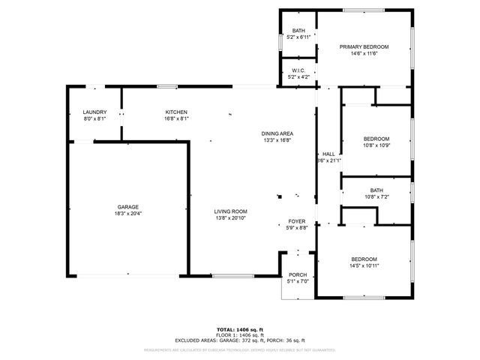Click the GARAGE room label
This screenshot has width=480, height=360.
[x=127, y=207]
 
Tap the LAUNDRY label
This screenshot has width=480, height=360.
[x=94, y=112]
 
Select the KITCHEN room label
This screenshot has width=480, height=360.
[x=176, y=112]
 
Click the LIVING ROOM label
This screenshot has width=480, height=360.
[x=230, y=211]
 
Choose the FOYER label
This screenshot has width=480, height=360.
[x=297, y=221]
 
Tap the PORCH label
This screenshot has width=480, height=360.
[x=298, y=275]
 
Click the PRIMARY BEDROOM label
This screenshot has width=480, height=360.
[x=364, y=47]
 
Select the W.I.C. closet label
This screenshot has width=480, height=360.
[x=298, y=70]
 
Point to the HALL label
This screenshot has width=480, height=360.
[x=328, y=154]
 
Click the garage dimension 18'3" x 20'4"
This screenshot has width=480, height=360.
[x=127, y=214]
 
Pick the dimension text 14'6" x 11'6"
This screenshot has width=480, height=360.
[x=364, y=54]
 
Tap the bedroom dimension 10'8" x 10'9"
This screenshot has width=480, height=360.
[x=376, y=145]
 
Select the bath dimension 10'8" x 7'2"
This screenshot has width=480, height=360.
[x=376, y=197]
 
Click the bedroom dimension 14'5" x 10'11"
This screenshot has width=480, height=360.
[x=364, y=265]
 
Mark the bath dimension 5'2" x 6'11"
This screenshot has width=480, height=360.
[x=298, y=37]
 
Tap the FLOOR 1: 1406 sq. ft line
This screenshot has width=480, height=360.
[x=240, y=334]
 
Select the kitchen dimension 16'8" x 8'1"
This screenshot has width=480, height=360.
[x=176, y=118]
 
